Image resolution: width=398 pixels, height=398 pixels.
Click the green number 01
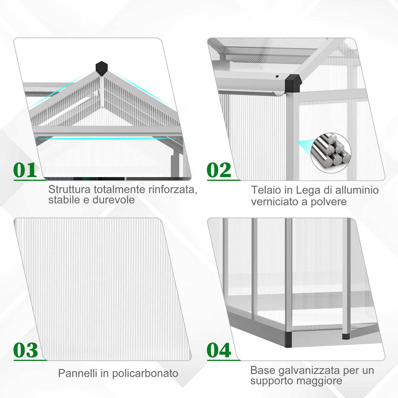(25, 170)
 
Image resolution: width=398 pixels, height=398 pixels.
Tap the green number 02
(219, 170)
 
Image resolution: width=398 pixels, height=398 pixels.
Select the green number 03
(26, 350)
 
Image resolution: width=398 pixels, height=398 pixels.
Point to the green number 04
(219, 350)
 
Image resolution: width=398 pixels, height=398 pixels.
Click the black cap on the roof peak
(102, 68)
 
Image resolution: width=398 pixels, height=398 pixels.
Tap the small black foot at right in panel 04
(346, 336)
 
